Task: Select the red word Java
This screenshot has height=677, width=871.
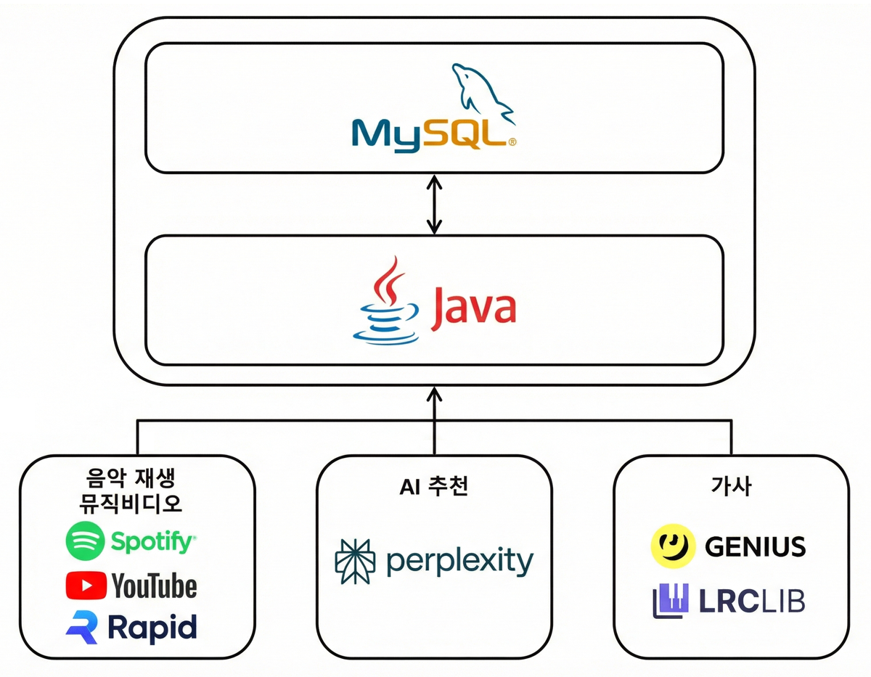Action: pos(473,309)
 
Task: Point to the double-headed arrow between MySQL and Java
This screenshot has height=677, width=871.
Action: pos(435,205)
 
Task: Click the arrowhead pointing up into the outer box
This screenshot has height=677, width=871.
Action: pos(435,394)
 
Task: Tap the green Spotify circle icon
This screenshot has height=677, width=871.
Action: pos(86,541)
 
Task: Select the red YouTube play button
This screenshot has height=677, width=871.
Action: pos(86,586)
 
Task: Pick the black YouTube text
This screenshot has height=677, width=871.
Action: pos(155,586)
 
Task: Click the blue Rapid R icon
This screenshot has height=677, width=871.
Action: pos(82,628)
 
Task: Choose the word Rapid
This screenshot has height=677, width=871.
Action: pos(152,628)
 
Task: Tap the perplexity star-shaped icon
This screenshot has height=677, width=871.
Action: pos(355,561)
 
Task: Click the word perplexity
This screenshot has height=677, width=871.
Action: pos(460,562)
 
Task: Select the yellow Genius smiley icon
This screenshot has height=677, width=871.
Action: pos(673,546)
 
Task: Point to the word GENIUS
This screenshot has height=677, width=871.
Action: pos(755,546)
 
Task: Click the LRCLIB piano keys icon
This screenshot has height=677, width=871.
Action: pos(671,601)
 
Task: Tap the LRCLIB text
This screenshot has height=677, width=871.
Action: pos(752,601)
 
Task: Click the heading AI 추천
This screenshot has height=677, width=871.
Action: pos(434,487)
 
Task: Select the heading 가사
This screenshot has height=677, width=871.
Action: pos(732,486)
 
